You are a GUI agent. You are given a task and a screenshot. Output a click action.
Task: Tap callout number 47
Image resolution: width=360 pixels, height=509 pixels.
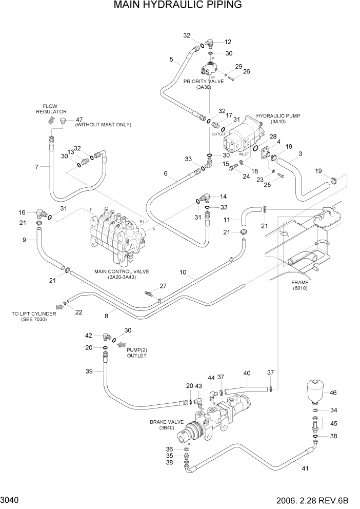tap(79, 120)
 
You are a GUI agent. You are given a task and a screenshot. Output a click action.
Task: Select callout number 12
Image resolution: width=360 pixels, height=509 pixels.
tap(228, 42)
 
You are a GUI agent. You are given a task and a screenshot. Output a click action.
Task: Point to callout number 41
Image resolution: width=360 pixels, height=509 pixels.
tap(306, 468)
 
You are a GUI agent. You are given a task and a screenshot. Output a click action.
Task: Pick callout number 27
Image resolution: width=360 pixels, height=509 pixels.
tap(163, 286)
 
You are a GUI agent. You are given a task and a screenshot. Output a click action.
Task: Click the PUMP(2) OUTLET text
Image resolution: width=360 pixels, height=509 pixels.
tap(137, 353)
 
